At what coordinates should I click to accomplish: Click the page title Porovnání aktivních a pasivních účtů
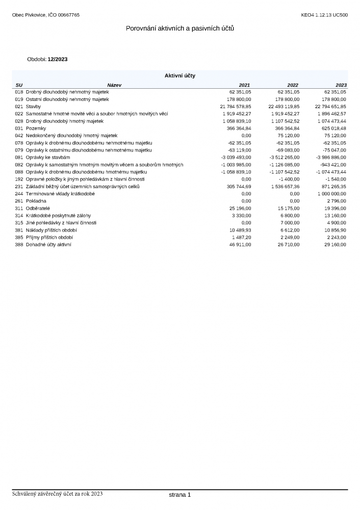point(180,29)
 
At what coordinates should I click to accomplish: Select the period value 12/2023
point(57,59)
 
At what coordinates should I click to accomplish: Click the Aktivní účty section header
point(179,75)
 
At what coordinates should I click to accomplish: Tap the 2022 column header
point(293,85)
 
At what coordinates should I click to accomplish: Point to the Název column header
point(114,85)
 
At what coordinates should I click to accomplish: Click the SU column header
point(19,85)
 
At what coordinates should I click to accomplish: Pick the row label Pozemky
point(36,129)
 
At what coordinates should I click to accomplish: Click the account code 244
point(19,194)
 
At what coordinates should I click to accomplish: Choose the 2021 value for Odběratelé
point(240,209)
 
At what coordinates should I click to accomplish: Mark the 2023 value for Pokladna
point(337,201)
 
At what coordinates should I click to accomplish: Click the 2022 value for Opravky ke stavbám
point(284,158)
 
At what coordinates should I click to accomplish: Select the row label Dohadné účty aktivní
point(48,245)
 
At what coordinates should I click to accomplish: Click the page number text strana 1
point(179,495)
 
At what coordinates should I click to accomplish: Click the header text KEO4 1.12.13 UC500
point(324,15)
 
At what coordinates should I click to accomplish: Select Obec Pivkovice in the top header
point(29,15)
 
